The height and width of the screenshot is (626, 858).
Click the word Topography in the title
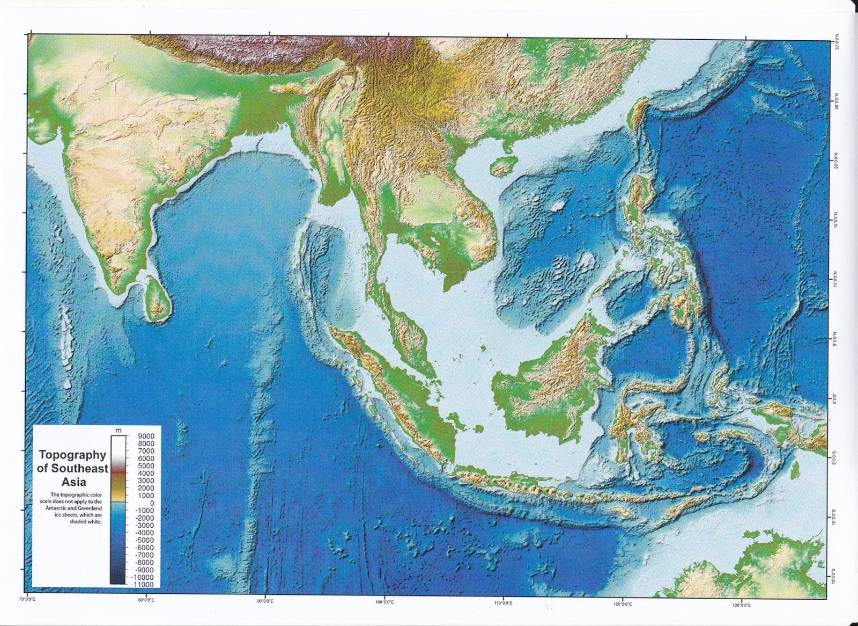[x=72, y=455]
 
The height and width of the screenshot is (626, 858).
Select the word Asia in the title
[x=73, y=482]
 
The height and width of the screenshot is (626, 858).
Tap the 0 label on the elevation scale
[x=152, y=503]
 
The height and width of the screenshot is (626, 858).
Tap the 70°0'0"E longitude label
[x=27, y=599]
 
